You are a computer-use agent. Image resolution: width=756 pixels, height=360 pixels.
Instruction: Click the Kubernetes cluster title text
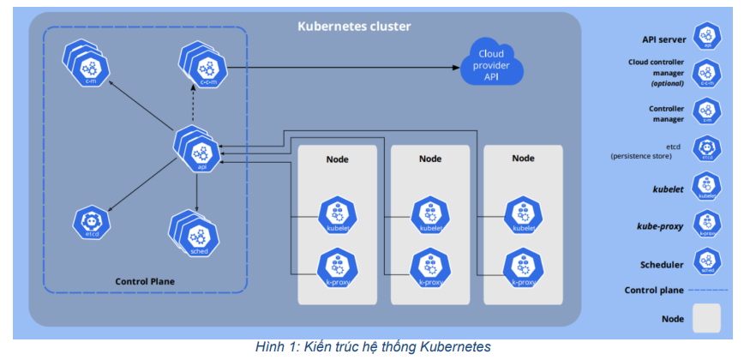click(354, 27)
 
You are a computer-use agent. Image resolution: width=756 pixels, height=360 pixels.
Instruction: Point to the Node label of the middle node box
click(430, 159)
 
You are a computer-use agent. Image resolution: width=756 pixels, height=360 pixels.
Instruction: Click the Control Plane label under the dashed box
click(145, 281)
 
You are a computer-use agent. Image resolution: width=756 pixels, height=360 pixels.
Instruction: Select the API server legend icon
click(707, 37)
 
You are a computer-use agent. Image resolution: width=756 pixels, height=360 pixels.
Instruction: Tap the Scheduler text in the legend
click(663, 265)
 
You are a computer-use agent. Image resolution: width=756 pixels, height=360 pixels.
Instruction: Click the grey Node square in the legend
click(707, 318)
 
